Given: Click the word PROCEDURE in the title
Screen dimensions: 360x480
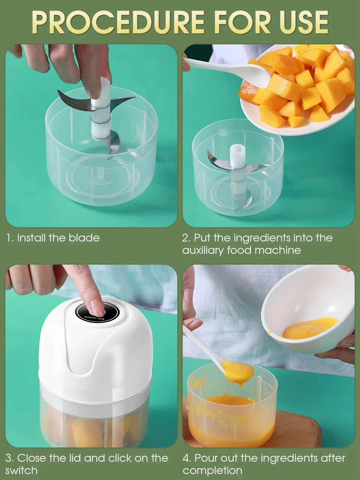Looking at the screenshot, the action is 118,22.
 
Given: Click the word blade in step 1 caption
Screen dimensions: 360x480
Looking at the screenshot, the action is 84,238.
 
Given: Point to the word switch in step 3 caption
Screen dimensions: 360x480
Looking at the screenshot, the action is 21,470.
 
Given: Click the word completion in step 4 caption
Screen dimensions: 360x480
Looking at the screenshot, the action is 212,471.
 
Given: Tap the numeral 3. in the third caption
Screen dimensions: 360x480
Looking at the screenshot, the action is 10,458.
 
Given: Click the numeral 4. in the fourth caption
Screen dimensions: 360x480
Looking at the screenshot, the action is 187,458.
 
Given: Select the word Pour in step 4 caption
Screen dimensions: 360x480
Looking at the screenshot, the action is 205,458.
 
